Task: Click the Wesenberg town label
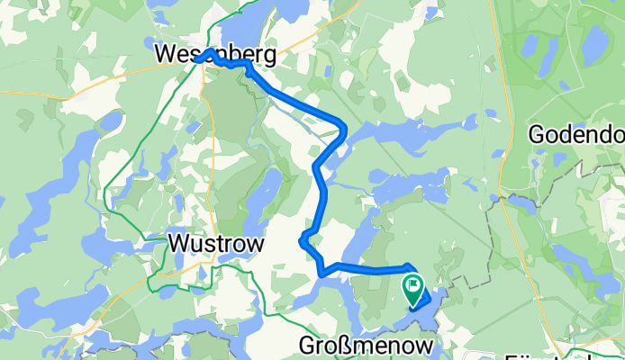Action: click(x=214, y=56)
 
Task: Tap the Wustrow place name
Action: click(x=216, y=244)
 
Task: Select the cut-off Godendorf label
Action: click(x=576, y=135)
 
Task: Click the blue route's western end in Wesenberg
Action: click(x=196, y=59)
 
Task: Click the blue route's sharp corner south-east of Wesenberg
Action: click(x=343, y=127)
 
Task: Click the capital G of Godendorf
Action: click(x=538, y=135)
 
